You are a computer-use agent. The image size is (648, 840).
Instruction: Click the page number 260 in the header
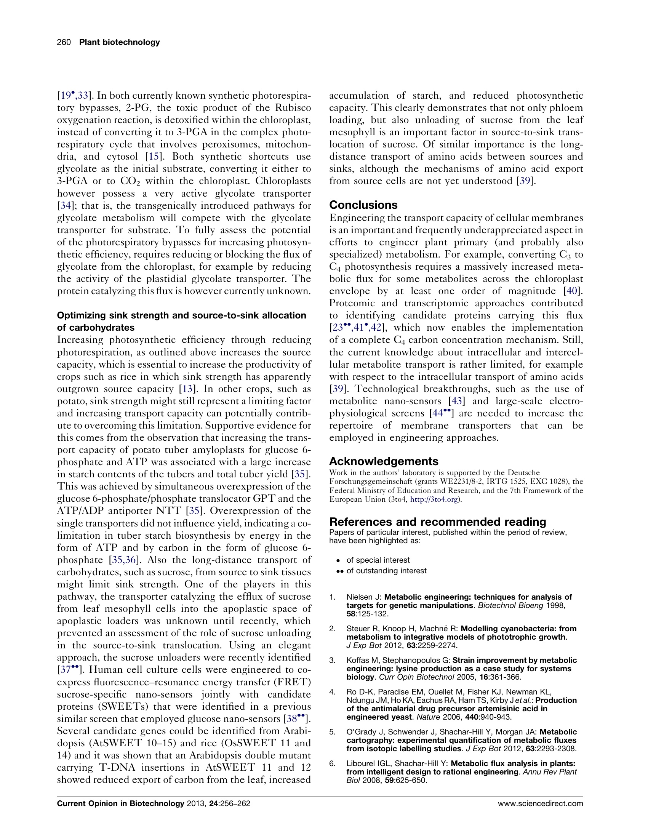pyautogui.click(x=64, y=42)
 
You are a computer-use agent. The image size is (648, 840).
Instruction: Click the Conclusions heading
pyautogui.click(x=363, y=205)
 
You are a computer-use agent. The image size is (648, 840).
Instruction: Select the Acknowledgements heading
pyautogui.click(x=383, y=461)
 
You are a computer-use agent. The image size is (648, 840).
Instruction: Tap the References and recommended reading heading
pyautogui.click(x=437, y=522)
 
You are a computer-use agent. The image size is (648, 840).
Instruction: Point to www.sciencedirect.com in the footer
pyautogui.click(x=540, y=803)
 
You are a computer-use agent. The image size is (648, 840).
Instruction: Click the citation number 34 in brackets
pyautogui.click(x=64, y=205)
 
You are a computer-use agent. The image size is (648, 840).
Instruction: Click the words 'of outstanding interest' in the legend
pyautogui.click(x=386, y=571)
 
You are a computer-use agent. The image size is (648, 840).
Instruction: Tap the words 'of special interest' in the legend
pyautogui.click(x=378, y=560)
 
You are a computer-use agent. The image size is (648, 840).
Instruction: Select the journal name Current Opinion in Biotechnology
pyautogui.click(x=120, y=803)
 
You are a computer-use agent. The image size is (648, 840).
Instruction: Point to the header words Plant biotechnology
pyautogui.click(x=119, y=42)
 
